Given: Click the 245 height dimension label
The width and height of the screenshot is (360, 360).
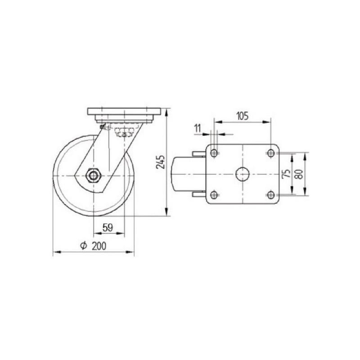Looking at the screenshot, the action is [161, 162].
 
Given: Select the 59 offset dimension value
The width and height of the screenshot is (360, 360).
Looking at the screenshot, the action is [108, 228].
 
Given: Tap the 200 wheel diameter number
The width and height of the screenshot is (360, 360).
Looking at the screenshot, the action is [99, 246].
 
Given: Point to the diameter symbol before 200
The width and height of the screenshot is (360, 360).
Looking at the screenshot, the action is [84, 246].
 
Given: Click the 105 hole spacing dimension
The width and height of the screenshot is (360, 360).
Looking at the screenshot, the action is [243, 116].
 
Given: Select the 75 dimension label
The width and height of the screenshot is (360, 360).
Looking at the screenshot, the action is [286, 174].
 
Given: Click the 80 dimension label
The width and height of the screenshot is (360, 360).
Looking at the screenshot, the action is [299, 174].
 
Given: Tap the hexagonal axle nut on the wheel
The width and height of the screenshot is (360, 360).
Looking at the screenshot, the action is [93, 176].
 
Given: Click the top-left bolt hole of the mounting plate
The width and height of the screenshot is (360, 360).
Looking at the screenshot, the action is [214, 153].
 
